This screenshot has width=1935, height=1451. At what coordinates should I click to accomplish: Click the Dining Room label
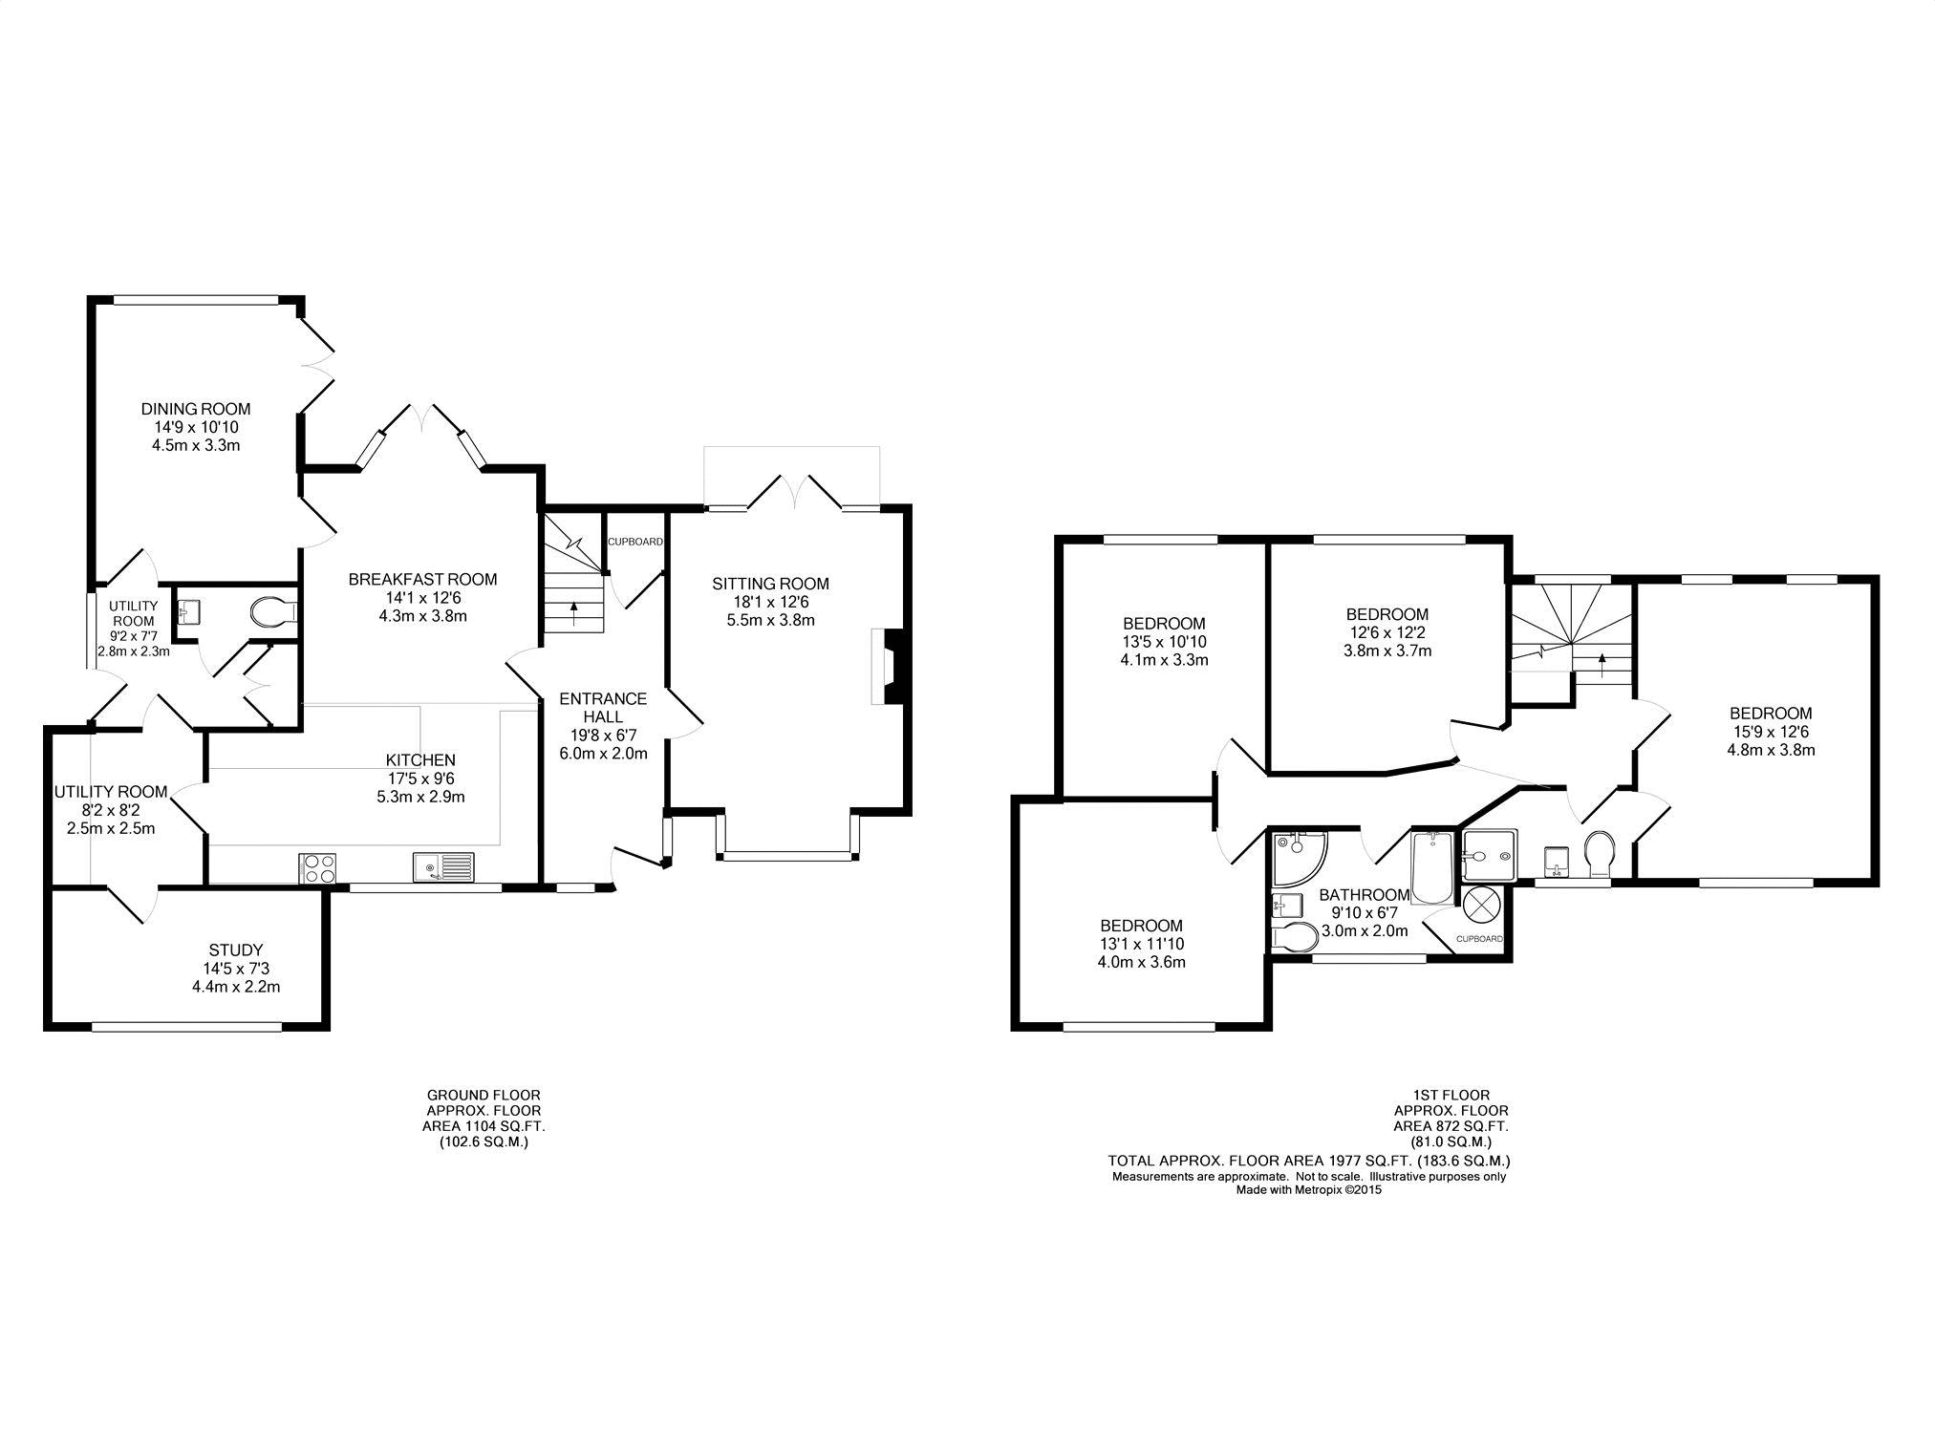tap(196, 409)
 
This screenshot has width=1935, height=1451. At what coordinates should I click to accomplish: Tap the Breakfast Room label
tap(422, 579)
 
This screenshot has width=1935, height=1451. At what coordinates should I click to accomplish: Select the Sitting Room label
tap(770, 584)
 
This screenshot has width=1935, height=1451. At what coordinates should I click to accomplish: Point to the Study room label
tap(236, 950)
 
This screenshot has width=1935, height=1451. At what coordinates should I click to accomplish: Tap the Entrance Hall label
tap(603, 708)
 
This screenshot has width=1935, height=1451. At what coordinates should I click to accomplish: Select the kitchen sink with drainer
tap(443, 867)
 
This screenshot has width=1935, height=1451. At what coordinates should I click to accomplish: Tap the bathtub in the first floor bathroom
tap(1430, 867)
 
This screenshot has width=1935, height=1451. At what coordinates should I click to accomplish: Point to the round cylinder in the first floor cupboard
tap(1481, 904)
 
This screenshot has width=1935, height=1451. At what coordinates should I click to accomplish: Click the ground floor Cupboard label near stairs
tap(635, 543)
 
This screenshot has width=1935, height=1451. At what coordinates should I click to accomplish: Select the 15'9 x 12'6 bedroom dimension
tap(1771, 732)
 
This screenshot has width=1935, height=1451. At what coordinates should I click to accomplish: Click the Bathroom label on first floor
tap(1364, 895)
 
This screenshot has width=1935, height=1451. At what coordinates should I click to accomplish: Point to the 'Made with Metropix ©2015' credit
tap(1308, 1190)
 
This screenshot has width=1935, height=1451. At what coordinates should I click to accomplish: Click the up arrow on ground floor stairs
tap(573, 611)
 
